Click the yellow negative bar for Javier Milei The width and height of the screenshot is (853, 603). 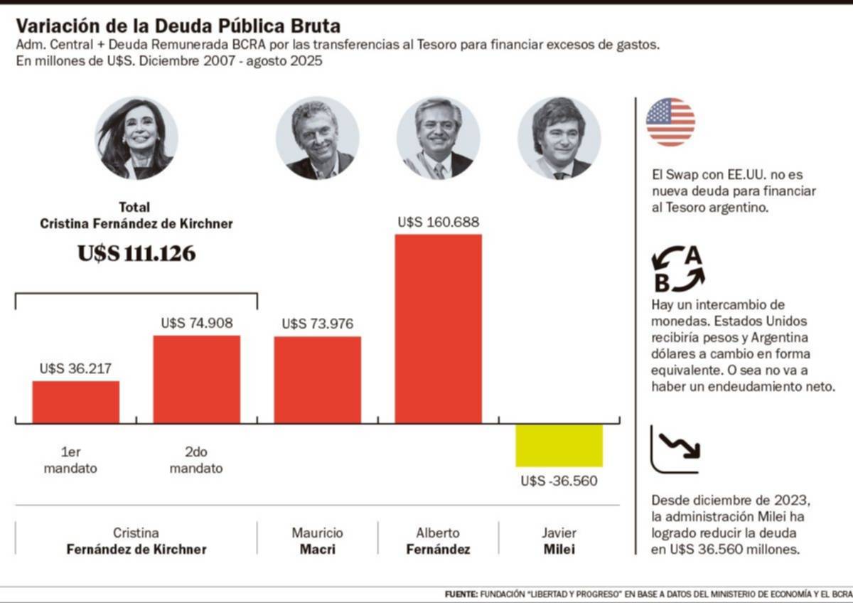559,446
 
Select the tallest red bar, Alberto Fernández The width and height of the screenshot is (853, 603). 438,329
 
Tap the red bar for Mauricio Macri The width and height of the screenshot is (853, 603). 318,380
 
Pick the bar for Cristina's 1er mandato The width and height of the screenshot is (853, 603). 76,402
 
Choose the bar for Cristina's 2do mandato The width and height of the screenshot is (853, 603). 197,380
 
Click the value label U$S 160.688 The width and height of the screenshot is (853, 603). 438,223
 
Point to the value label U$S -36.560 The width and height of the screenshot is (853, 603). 559,481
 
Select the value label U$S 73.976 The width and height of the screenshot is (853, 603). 318,324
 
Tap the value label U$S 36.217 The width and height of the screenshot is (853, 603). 76,369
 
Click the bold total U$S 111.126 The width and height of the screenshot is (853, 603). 136,254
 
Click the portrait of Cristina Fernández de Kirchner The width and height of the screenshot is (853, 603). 136,139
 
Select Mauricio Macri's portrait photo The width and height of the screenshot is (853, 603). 317,139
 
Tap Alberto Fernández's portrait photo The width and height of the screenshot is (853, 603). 438,139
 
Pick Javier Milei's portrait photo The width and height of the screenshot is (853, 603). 559,139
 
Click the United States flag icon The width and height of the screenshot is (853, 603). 670,122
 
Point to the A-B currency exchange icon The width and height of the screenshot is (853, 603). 677,270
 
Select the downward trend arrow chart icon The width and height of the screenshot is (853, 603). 675,449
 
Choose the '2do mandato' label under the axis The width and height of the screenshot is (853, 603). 197,460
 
